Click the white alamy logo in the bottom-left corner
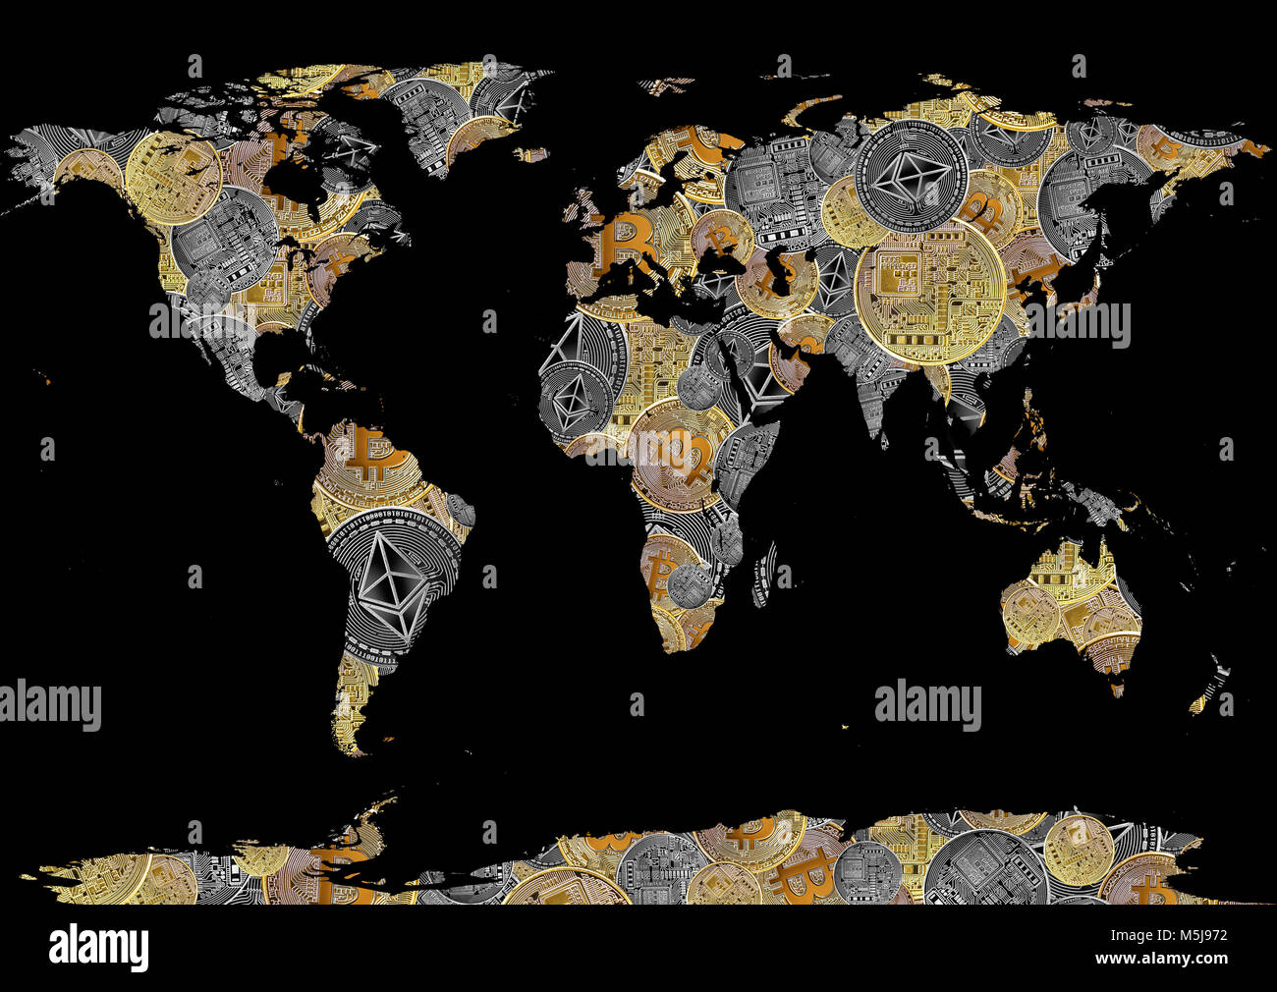coord(98,947)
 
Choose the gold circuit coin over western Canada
coord(172,177)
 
